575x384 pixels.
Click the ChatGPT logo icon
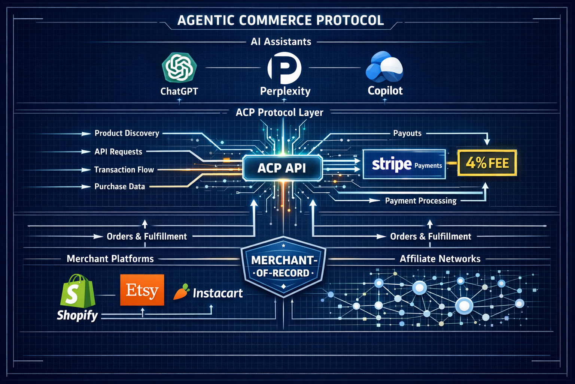tap(179, 68)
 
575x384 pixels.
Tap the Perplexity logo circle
tap(285, 68)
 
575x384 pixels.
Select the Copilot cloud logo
tap(384, 67)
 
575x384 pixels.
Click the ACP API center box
tap(282, 168)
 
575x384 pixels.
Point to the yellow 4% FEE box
tap(487, 163)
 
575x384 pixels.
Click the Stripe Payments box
tap(404, 164)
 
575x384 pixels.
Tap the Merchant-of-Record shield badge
tap(283, 267)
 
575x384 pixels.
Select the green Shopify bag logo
tap(77, 291)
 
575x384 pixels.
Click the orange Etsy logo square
tap(142, 290)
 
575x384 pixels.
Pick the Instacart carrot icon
tap(181, 292)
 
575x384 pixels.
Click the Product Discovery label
tap(127, 133)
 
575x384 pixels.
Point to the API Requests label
tap(118, 152)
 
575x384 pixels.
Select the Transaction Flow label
tap(124, 170)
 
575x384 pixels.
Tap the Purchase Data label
tap(119, 186)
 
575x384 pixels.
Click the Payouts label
tap(407, 133)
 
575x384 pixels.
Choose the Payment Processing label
tap(421, 201)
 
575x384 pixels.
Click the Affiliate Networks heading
tap(440, 259)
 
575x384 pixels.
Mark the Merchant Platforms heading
tap(110, 259)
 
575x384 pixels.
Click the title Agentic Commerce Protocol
tap(280, 20)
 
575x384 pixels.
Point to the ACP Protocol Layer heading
tap(279, 112)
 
